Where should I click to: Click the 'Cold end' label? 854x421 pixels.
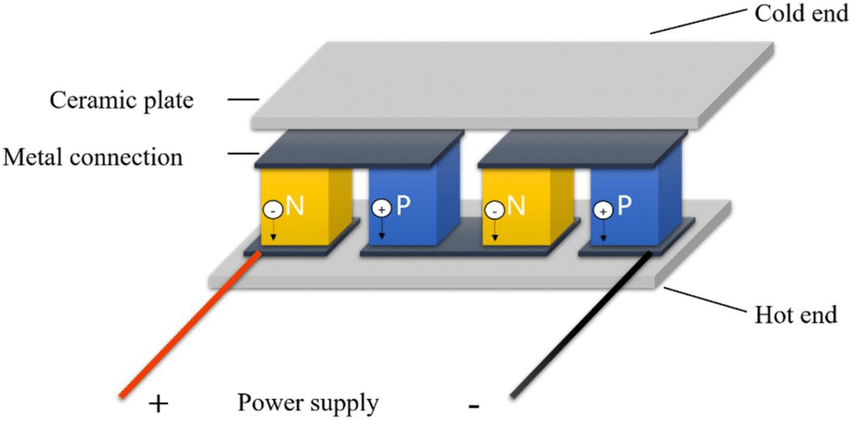point(801,15)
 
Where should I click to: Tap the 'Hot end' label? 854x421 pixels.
point(795,315)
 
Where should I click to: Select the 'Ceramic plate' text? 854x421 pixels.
point(122,101)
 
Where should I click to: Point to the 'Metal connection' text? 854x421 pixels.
point(93,158)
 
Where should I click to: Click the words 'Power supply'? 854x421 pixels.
point(307,404)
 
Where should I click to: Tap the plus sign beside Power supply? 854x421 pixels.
point(158,404)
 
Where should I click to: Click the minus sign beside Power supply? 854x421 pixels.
point(474,407)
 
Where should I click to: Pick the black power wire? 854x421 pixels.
point(580,324)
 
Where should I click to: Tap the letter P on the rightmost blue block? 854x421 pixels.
point(624,206)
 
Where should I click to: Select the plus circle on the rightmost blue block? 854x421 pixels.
point(602,210)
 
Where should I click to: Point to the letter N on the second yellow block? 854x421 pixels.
point(516,207)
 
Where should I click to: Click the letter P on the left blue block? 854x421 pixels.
point(403,207)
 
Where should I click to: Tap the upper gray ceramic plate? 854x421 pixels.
point(512,86)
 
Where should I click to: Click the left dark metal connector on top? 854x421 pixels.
point(359,148)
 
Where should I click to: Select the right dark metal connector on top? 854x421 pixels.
point(582,148)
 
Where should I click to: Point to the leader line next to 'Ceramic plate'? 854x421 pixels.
point(243,100)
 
